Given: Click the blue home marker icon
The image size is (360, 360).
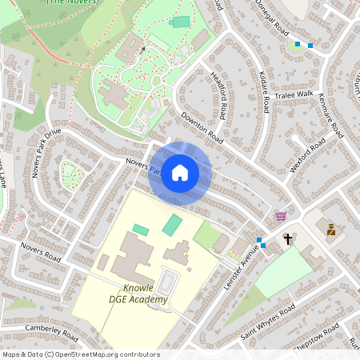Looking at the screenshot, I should [x=180, y=172].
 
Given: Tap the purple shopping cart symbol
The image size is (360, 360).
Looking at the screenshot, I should [x=281, y=216].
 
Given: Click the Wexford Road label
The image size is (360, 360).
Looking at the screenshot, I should [x=308, y=152].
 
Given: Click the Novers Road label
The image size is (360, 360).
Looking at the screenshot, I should [x=41, y=253].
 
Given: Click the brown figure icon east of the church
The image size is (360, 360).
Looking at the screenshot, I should [x=330, y=230].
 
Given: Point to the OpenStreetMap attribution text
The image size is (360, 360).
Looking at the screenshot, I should [x=80, y=354].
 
